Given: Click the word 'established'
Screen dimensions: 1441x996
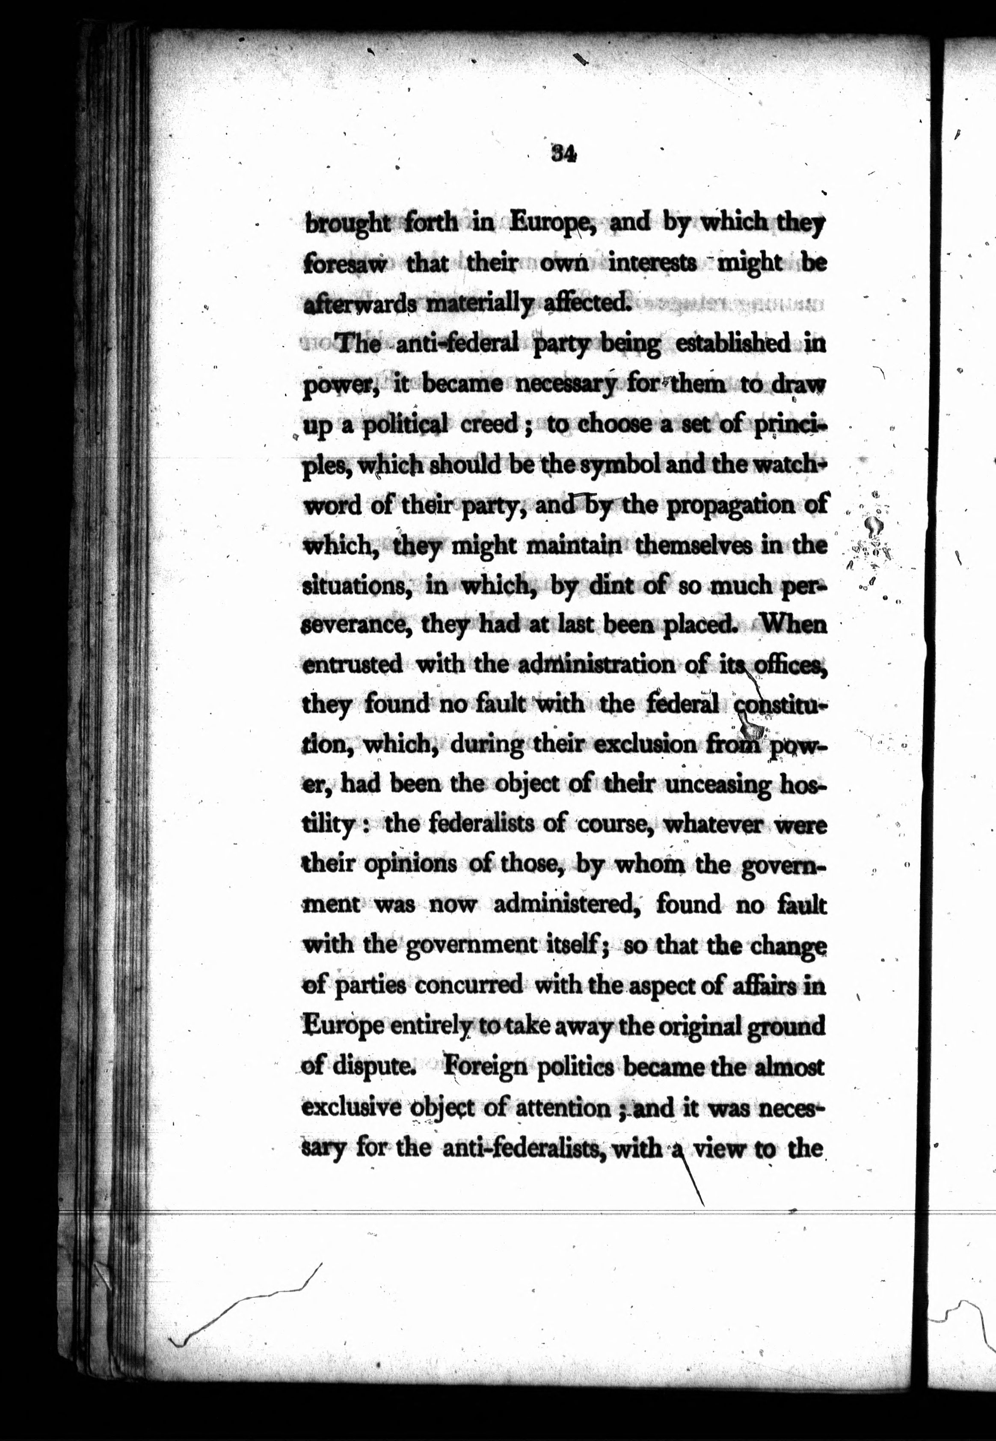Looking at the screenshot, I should tap(733, 344).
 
